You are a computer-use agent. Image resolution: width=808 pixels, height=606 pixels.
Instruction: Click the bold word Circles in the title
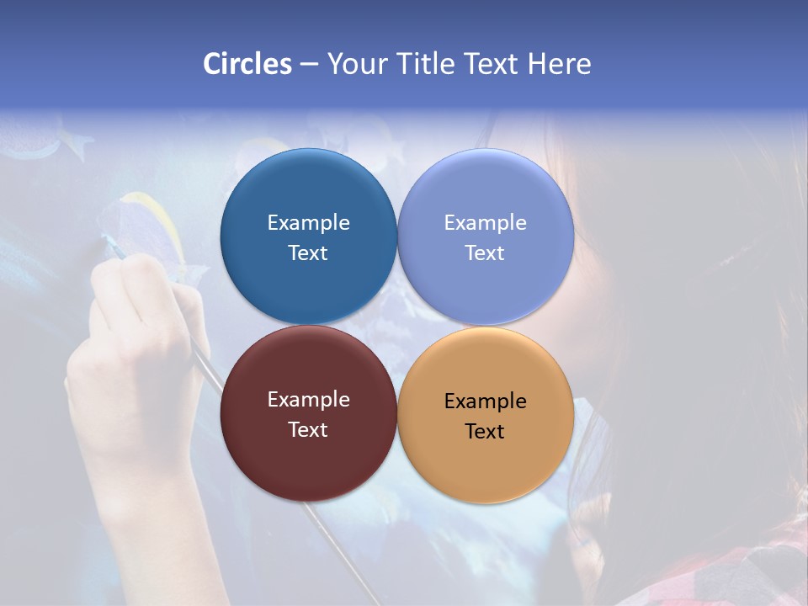(247, 64)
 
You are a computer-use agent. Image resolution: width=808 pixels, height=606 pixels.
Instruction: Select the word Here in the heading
(559, 64)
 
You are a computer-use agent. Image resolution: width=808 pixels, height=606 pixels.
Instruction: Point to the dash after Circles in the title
(309, 65)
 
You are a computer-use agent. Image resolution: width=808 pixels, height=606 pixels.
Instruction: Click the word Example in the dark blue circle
(308, 223)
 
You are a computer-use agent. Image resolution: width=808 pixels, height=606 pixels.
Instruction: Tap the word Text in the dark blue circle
(308, 253)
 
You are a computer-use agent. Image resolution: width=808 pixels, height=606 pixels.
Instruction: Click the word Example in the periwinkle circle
(485, 223)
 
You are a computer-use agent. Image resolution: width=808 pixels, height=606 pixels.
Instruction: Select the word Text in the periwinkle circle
(485, 253)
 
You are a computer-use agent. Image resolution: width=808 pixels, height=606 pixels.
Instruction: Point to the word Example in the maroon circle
(308, 400)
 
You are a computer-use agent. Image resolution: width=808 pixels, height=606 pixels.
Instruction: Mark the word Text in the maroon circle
(308, 430)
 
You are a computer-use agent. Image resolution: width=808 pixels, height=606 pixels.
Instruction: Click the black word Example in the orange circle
(485, 401)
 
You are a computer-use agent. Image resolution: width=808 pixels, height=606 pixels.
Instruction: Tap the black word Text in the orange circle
(485, 432)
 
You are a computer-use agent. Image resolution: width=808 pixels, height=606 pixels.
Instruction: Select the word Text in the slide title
(492, 64)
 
